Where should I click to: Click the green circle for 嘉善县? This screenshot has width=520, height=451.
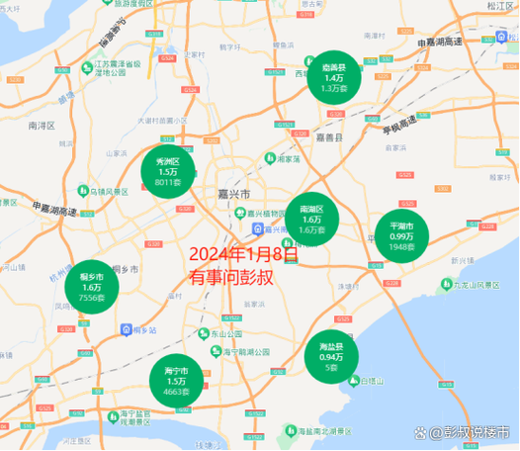click(x=334, y=70)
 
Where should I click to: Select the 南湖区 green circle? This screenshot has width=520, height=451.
click(x=311, y=219)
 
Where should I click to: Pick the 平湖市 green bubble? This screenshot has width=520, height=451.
click(x=401, y=236)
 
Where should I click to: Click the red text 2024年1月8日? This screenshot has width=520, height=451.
click(x=243, y=254)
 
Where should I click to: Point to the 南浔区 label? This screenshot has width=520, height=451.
click(x=43, y=126)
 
